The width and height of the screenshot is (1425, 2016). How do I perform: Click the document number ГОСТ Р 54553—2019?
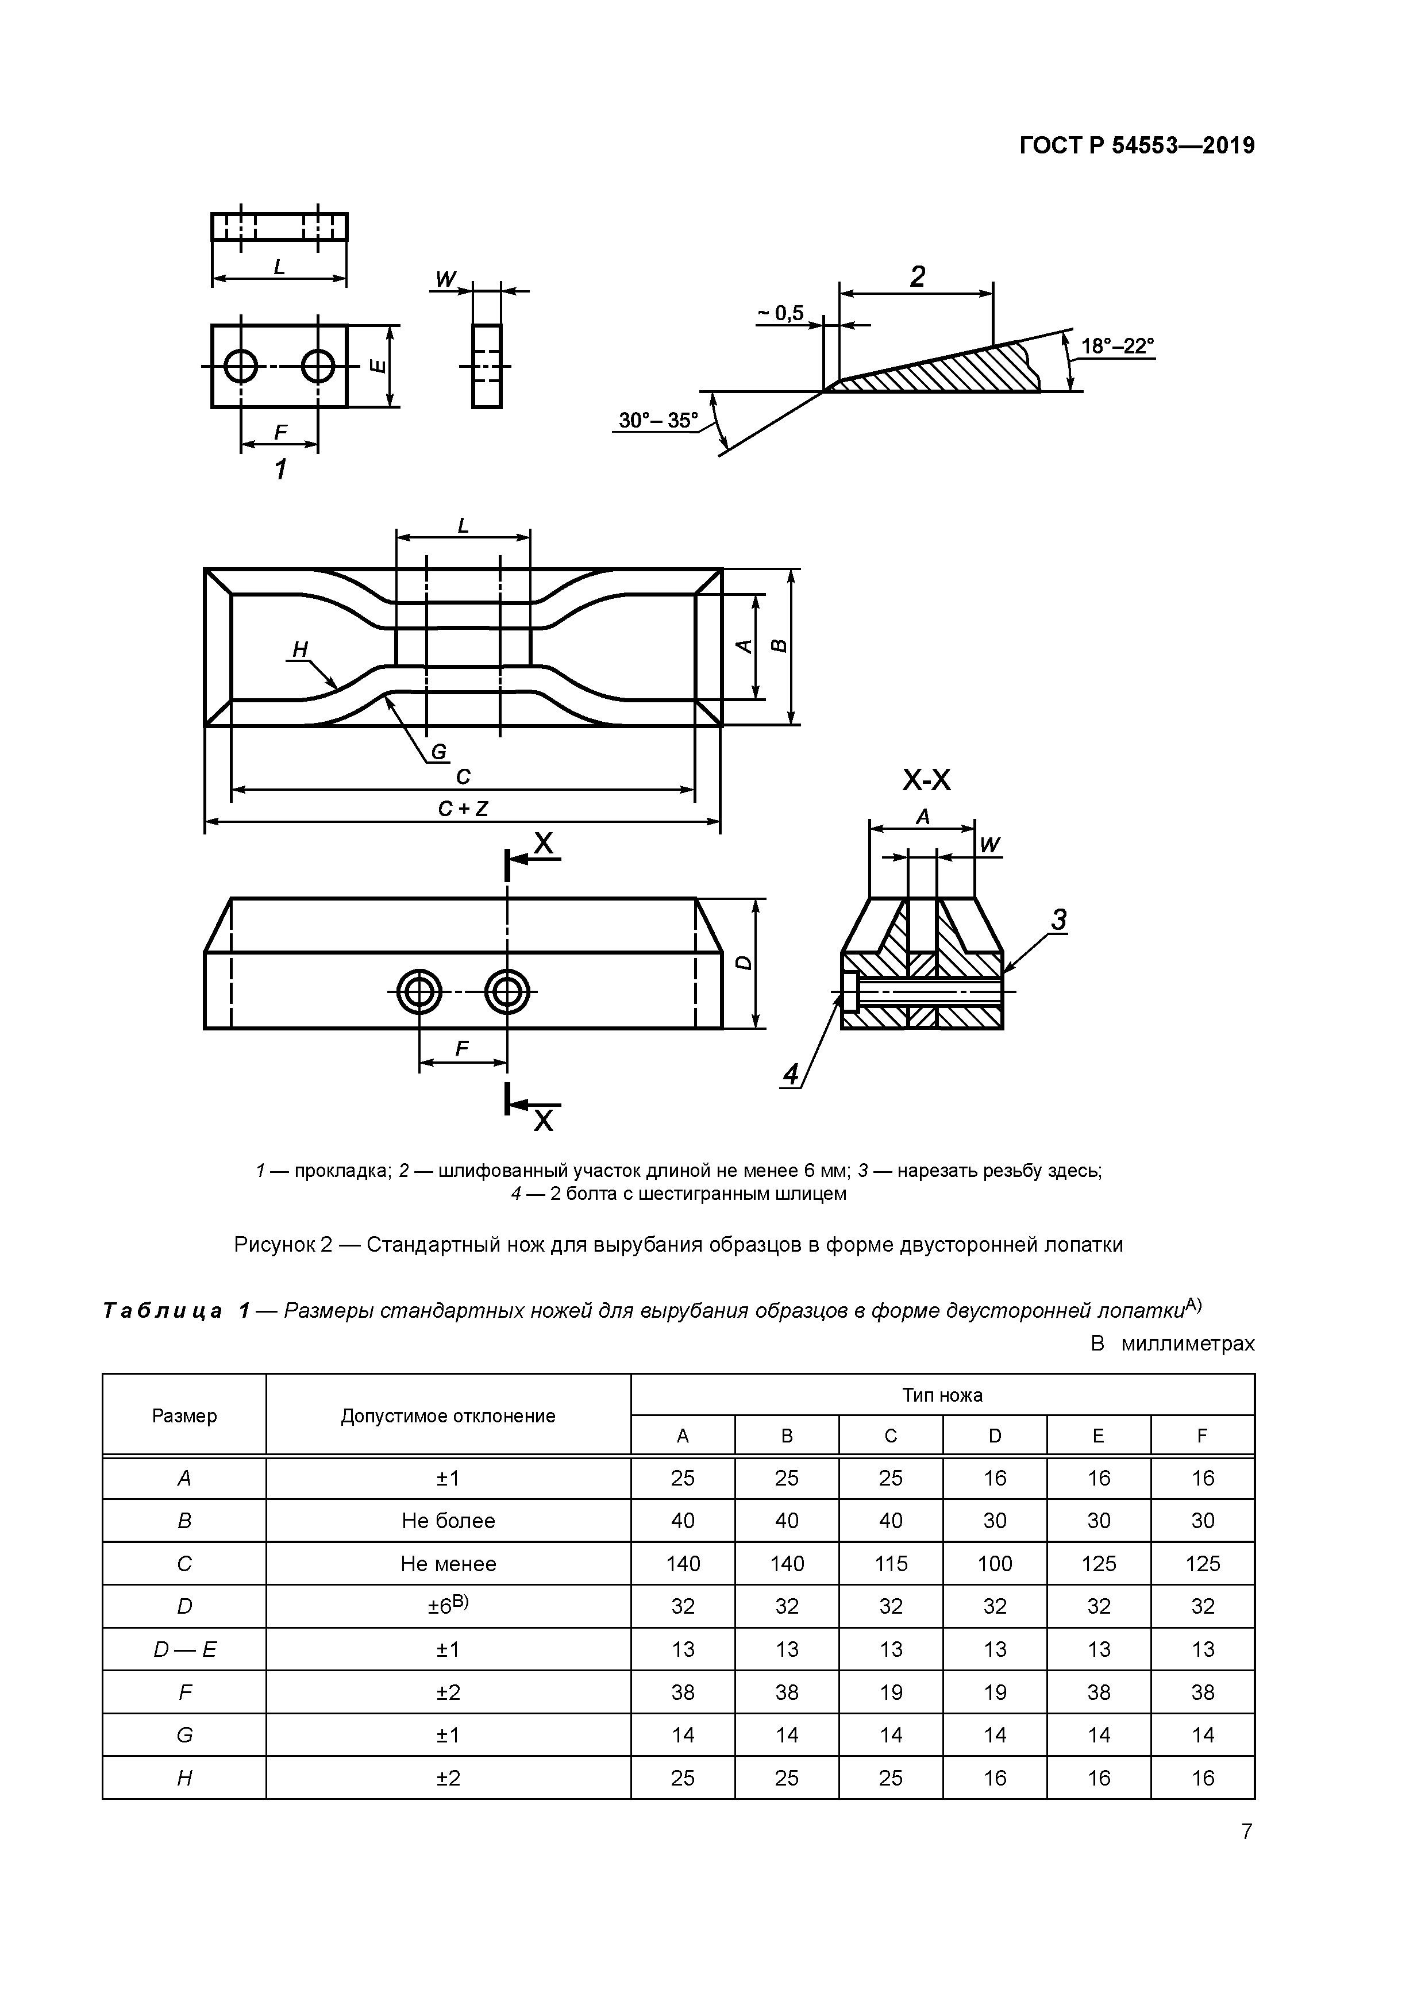1137,146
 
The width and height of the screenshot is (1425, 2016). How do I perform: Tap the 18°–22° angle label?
1117,346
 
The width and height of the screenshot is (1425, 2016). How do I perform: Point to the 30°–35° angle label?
657,421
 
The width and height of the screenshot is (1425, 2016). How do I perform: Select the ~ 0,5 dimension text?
780,313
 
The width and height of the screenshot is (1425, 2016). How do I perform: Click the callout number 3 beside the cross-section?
1059,920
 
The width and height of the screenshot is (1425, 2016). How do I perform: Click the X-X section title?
926,780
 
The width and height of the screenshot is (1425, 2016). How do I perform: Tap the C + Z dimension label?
463,809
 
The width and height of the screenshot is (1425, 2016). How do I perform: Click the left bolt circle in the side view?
419,993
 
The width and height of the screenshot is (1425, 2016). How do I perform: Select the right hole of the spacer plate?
318,366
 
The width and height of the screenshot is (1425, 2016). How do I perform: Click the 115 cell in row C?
890,1564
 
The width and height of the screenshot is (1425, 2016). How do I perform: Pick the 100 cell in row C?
994,1564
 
